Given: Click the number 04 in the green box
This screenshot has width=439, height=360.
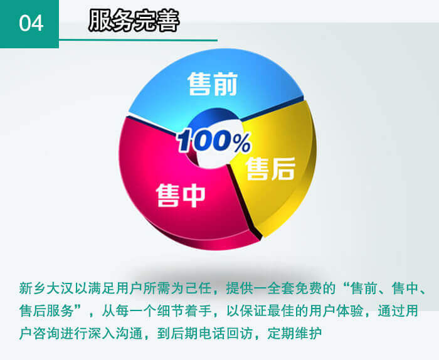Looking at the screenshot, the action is [x=31, y=23].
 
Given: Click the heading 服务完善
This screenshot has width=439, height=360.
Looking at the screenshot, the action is [x=134, y=21].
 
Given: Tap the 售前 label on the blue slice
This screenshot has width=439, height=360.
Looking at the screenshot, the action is [x=213, y=83].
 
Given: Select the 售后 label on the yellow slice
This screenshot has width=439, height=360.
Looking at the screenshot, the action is [x=270, y=168].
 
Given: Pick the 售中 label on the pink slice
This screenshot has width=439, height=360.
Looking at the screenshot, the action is [x=181, y=196].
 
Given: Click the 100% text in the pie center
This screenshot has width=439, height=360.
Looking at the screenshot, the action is [x=214, y=141].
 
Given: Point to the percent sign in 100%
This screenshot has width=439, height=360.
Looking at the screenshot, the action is [x=240, y=142].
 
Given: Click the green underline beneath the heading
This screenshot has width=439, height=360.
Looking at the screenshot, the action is [x=139, y=40].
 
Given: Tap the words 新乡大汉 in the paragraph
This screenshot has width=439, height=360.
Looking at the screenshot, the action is [x=46, y=289].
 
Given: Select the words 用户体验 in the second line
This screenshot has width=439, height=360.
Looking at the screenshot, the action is [x=336, y=310].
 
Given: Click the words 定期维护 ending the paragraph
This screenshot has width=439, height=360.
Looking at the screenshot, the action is [x=294, y=333].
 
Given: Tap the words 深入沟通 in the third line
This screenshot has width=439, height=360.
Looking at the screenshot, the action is [x=115, y=333].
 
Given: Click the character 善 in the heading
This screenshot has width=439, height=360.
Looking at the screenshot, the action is [x=168, y=21].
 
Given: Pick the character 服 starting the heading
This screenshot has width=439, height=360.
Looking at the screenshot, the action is [x=100, y=21].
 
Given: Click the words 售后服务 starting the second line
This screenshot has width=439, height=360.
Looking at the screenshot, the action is [x=46, y=310].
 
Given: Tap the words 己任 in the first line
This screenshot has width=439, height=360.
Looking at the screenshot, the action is [x=198, y=289].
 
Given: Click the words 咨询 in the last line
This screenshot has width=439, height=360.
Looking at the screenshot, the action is [x=46, y=333].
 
